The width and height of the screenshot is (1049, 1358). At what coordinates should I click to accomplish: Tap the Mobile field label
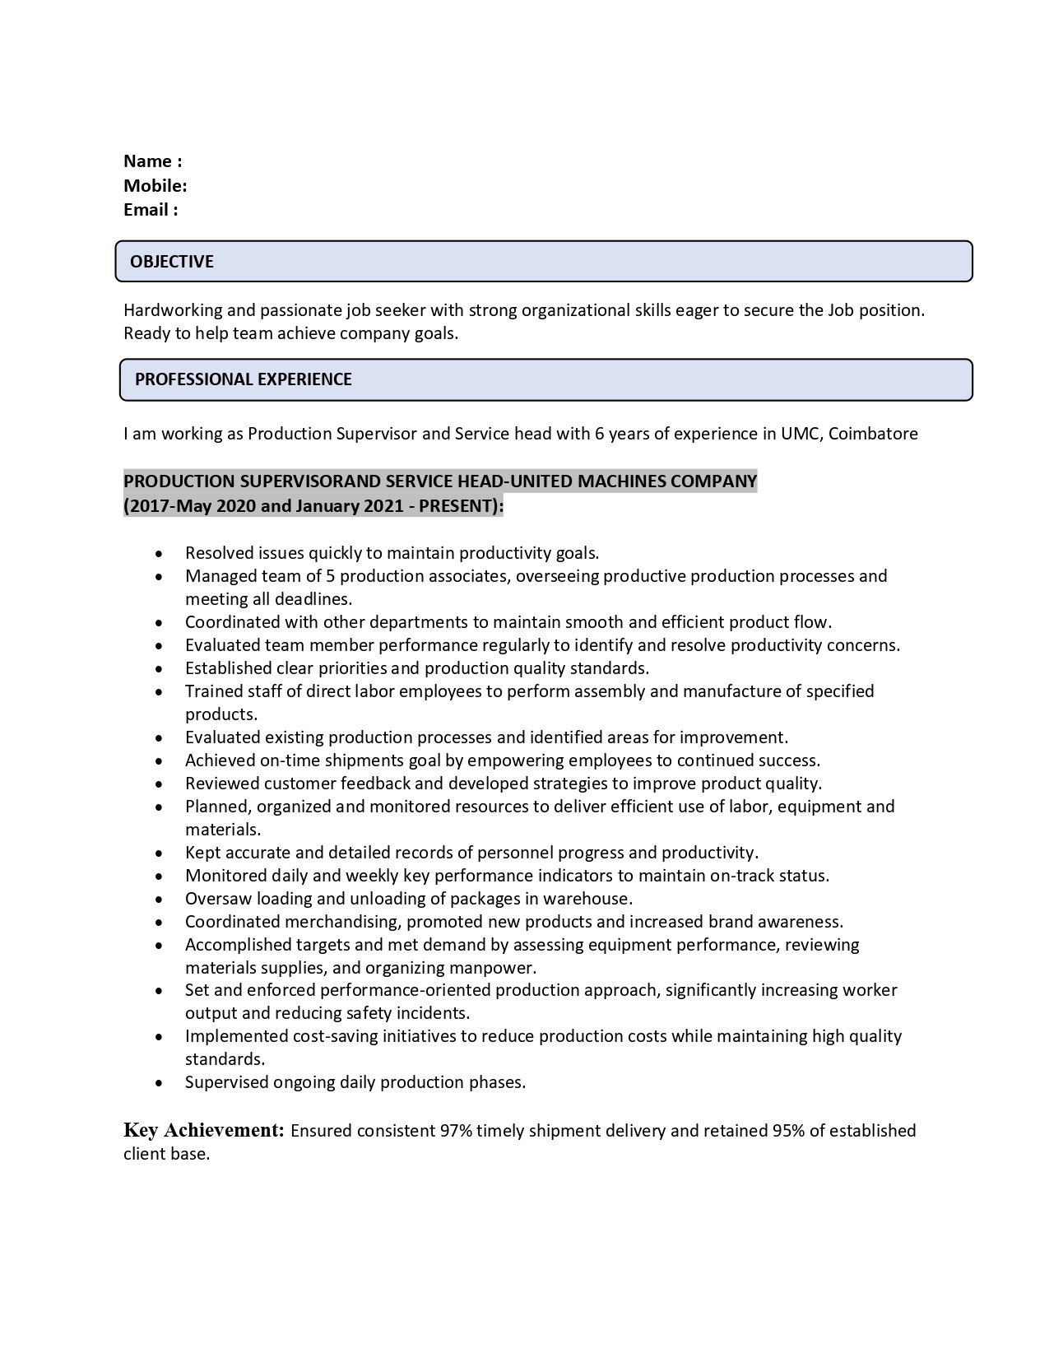click(155, 185)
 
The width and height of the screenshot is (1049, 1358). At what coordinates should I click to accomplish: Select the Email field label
click(151, 210)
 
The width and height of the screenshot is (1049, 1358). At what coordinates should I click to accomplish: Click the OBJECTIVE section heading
click(172, 262)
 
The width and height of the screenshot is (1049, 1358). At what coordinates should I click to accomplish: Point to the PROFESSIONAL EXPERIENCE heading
click(244, 379)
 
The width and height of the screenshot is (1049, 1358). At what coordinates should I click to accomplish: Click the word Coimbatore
click(873, 434)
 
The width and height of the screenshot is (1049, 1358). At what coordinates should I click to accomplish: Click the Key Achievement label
click(204, 1130)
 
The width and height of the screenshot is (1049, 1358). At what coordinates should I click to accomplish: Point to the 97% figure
click(456, 1131)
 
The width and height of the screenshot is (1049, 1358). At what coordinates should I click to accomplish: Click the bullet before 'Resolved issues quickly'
click(159, 554)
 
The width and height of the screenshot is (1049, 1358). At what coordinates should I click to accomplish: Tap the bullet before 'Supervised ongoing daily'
click(159, 1083)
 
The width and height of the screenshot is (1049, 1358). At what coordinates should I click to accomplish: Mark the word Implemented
click(227, 1036)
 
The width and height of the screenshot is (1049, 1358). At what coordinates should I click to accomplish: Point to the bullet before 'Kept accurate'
click(159, 853)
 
